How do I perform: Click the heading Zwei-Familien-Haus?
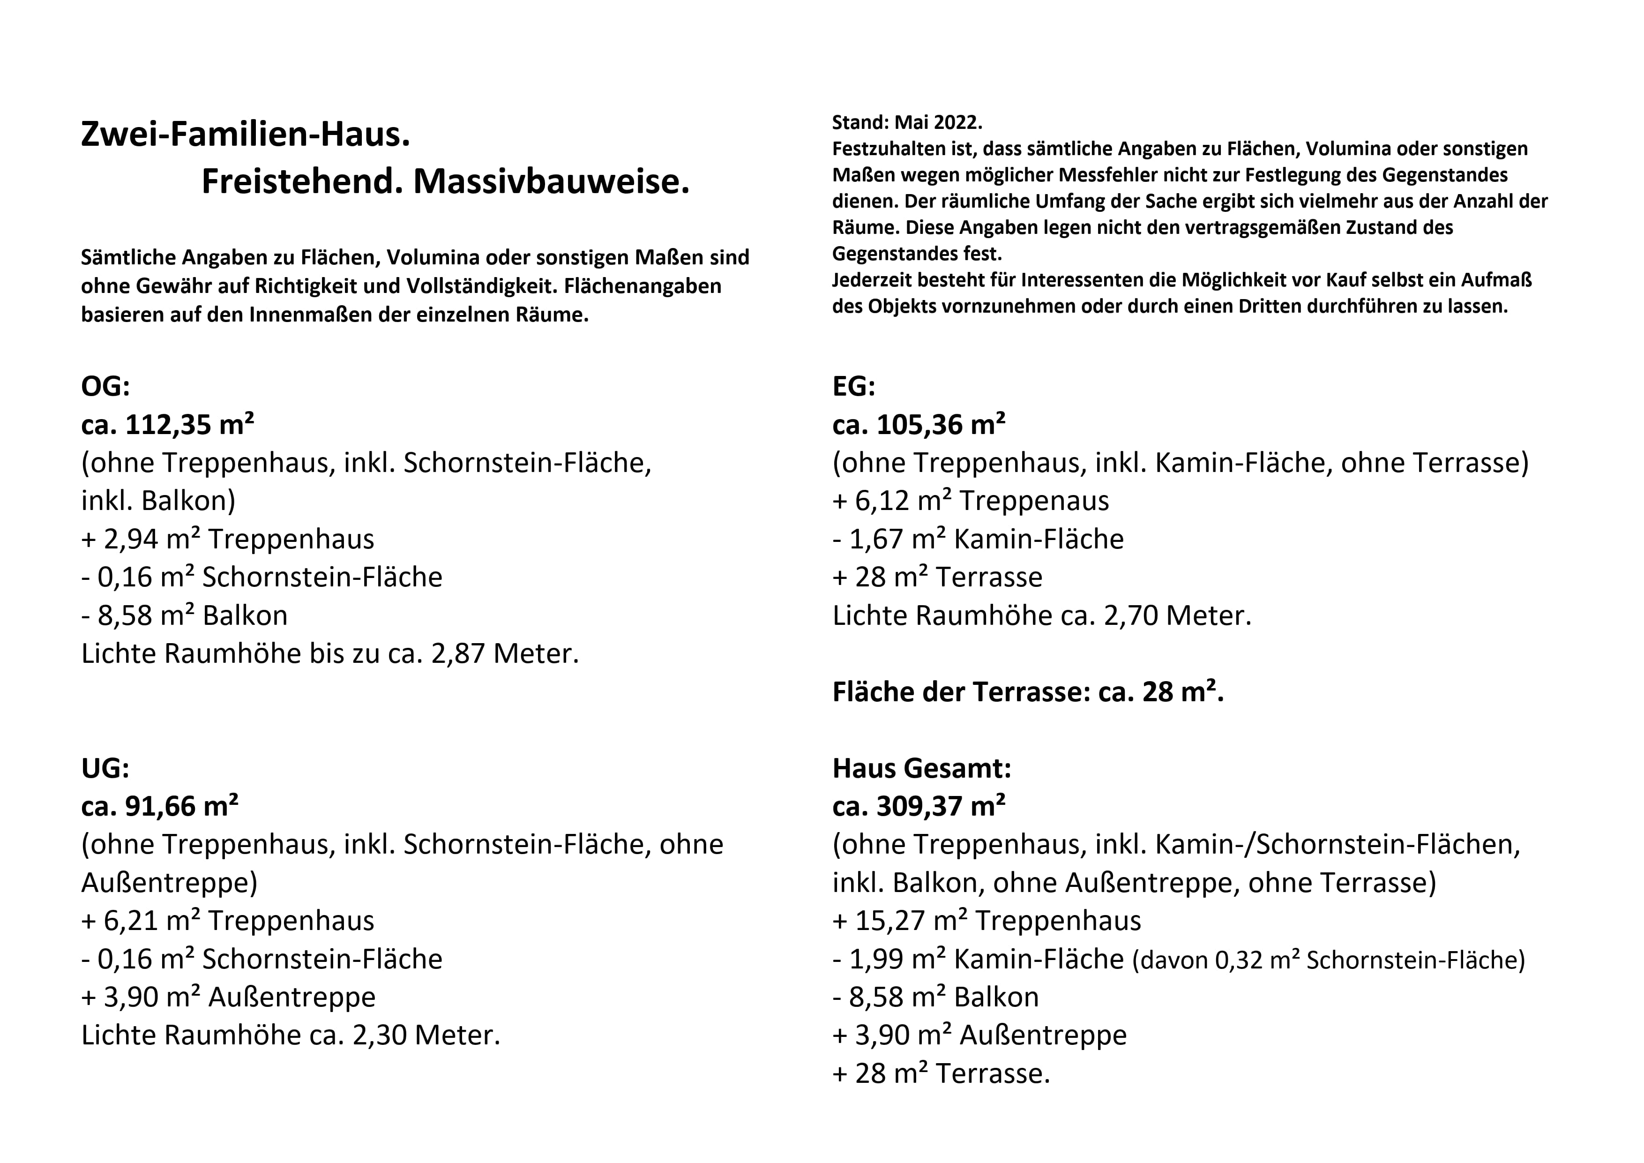tap(245, 135)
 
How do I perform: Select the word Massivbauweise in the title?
tap(551, 182)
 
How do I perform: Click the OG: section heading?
tap(105, 387)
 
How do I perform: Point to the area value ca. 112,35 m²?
tap(168, 425)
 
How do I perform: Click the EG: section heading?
tap(853, 387)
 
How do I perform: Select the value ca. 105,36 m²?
tap(919, 425)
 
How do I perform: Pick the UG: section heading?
tap(105, 768)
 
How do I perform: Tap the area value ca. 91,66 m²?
tap(160, 806)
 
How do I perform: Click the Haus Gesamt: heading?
tap(921, 768)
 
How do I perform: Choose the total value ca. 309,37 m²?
tap(919, 806)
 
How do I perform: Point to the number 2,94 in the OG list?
tap(130, 539)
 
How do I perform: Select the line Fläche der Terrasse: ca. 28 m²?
tap(1027, 692)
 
